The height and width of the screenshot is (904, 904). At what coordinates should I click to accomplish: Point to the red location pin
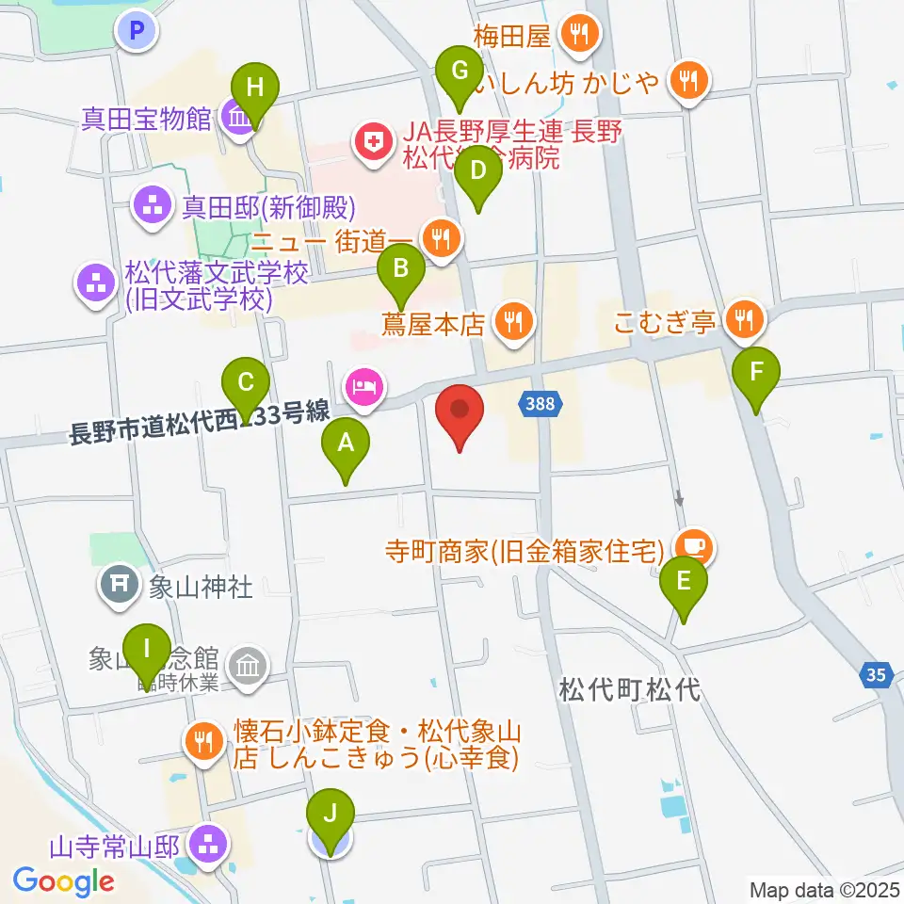(460, 415)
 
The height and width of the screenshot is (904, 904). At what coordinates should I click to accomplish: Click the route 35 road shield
(875, 674)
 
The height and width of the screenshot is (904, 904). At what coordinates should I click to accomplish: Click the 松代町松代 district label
(630, 690)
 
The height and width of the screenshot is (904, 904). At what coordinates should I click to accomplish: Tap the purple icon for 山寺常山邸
(207, 842)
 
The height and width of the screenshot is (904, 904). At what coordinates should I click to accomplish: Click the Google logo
(64, 880)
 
